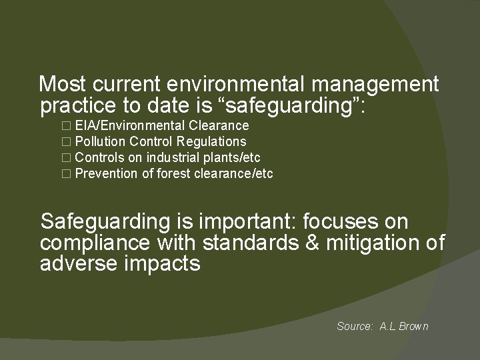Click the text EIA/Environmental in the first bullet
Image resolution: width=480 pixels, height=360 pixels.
tap(130, 125)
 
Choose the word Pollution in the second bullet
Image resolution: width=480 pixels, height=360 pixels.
tap(101, 141)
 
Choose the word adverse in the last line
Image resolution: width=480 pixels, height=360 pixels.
tap(79, 264)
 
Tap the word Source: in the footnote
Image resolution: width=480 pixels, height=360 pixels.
tap(355, 326)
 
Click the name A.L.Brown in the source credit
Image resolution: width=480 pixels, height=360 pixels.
tap(404, 326)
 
